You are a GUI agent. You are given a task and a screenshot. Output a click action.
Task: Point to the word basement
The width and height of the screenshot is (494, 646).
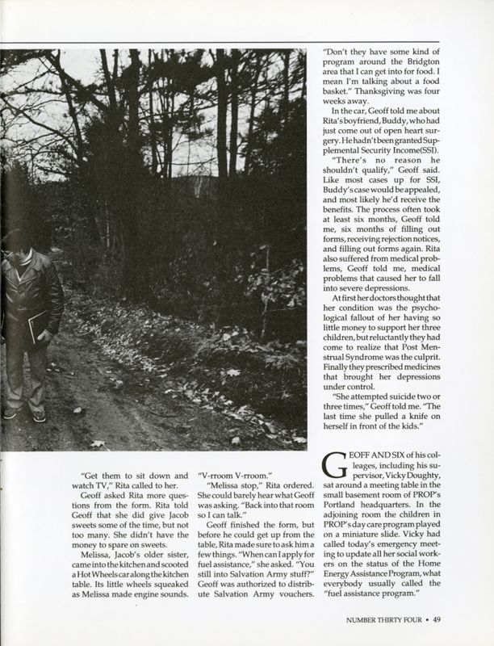click(361, 507)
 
